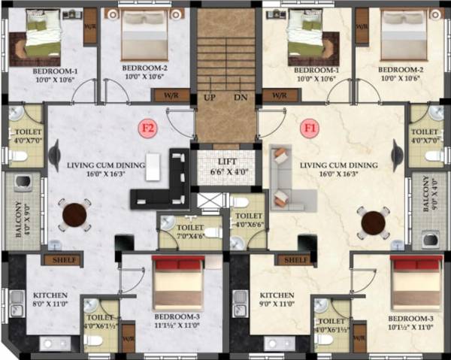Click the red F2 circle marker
pyautogui.click(x=149, y=128)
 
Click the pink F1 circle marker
pyautogui.click(x=309, y=128)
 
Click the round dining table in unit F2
pyautogui.click(x=75, y=216)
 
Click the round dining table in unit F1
pyautogui.click(x=374, y=222)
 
